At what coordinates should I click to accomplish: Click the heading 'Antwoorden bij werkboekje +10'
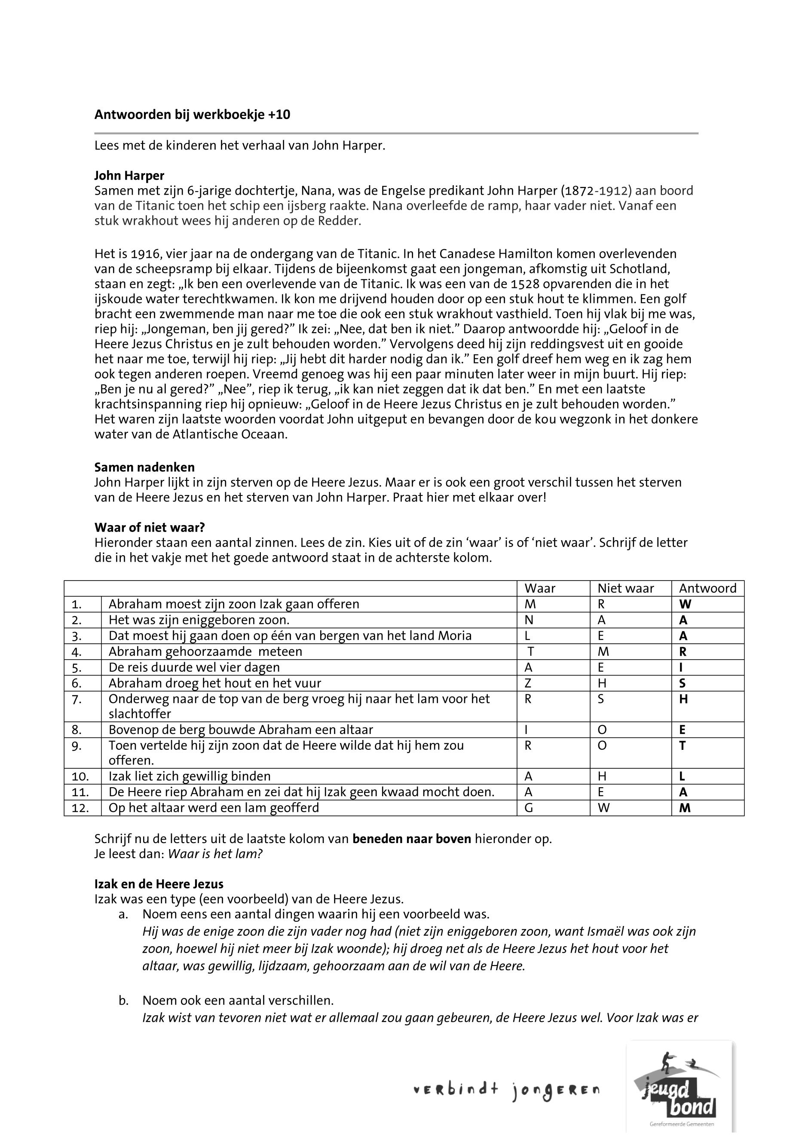point(192,115)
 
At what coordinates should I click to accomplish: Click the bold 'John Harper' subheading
point(129,175)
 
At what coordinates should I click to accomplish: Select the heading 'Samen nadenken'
point(144,467)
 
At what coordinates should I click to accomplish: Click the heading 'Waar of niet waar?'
point(150,527)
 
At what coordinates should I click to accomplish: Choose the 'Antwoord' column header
point(707,589)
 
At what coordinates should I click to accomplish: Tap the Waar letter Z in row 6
point(528,684)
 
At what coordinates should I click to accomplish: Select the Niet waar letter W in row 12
point(603,808)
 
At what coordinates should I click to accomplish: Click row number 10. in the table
point(80,776)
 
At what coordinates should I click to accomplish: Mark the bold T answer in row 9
point(682,746)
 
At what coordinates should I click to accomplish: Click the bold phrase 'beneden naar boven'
point(411,840)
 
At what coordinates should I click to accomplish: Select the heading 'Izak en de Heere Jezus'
point(159,884)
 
